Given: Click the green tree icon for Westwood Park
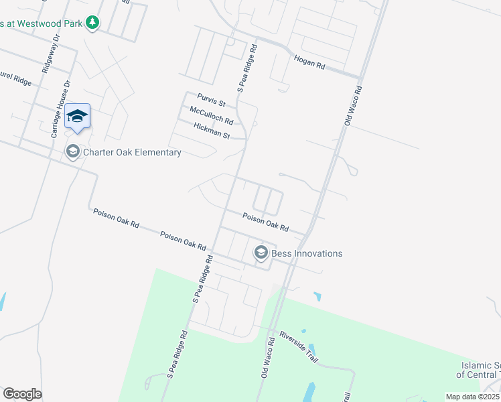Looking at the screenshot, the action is pos(92,23).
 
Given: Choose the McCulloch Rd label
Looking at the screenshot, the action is pos(211,115).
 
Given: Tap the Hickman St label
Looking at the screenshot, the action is pos(212,131).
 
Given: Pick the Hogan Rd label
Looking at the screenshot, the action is pos(309,63).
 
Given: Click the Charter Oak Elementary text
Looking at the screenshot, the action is pos(132,152).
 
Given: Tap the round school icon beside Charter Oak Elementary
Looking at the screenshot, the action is pos(72,152).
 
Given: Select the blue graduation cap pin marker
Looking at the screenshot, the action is pos(77,117).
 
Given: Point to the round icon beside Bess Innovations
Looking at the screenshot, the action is pos(261,253).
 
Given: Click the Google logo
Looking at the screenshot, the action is pos(22,394).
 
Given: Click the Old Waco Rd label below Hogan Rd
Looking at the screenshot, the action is pos(352,106).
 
